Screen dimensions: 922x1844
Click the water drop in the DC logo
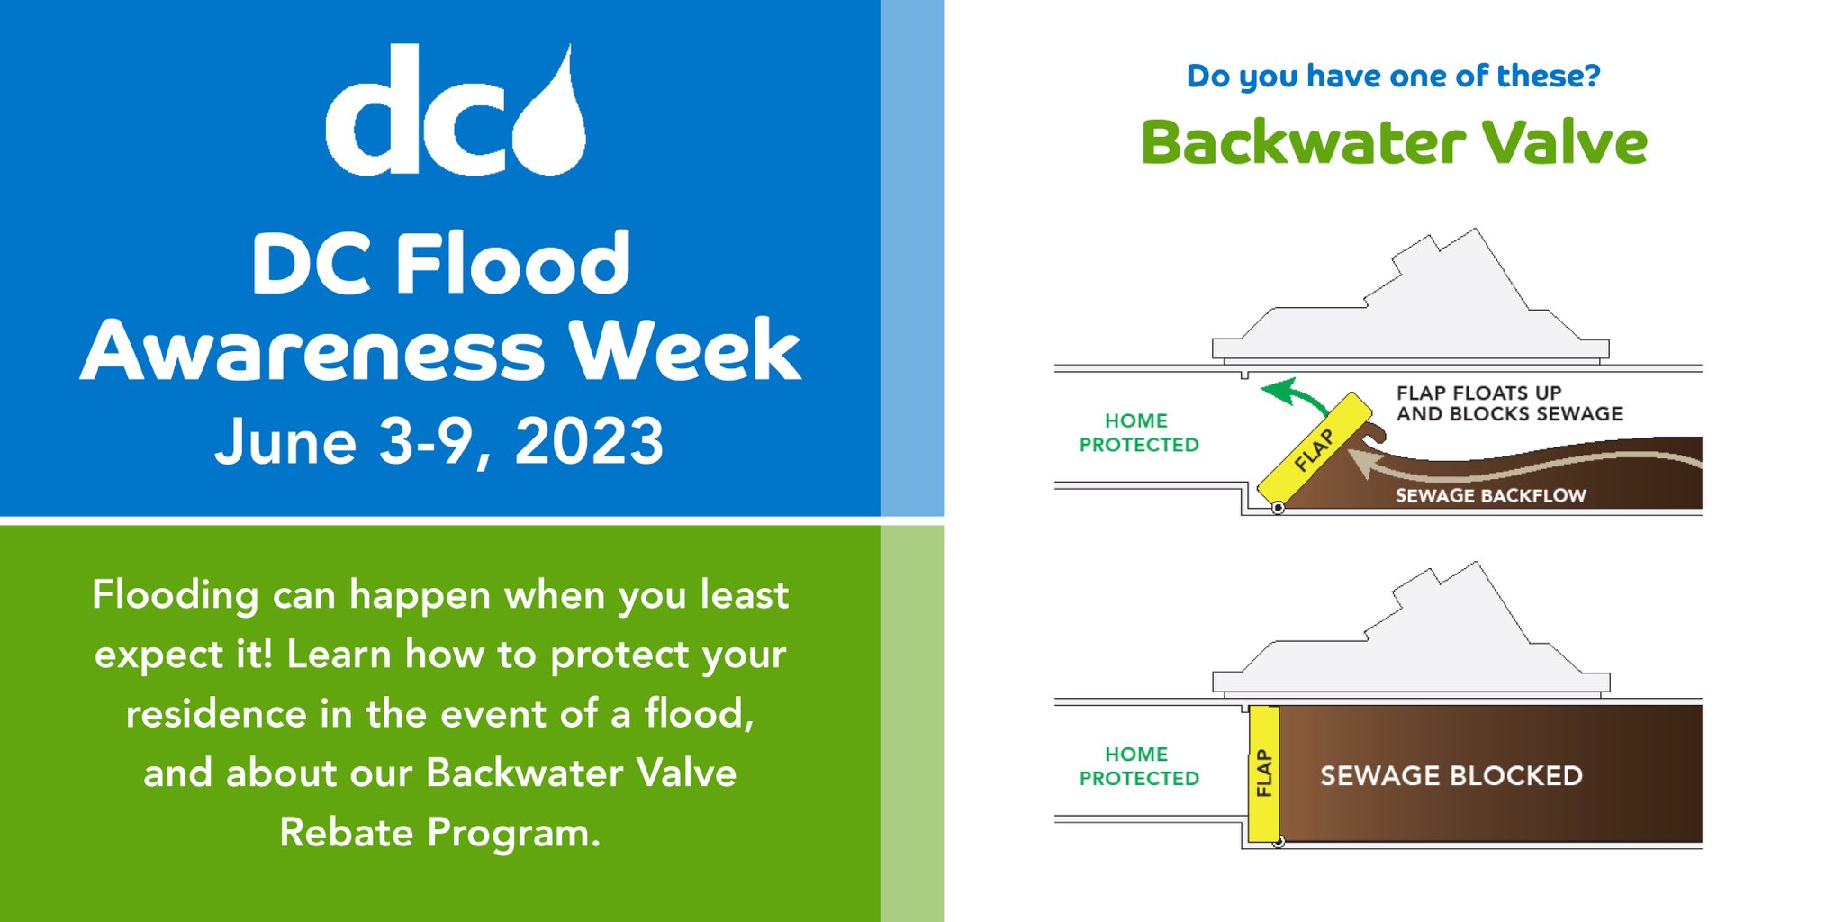pos(551,126)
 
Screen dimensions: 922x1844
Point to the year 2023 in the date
pos(589,442)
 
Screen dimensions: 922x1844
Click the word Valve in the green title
pos(1565,142)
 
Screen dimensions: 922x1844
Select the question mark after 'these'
pos(1594,76)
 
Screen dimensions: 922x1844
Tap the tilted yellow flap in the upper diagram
pos(1314,448)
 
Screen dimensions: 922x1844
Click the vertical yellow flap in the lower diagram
pos(1264,773)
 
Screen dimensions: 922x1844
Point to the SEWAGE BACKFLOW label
pos(1490,495)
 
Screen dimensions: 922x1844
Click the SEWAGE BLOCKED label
pos(1451,775)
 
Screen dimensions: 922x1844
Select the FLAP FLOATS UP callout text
pos(1508,403)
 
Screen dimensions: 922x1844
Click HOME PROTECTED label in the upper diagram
pos(1138,432)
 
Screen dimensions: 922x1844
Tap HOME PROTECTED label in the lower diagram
pos(1138,765)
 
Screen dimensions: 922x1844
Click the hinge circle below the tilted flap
pos(1278,509)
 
